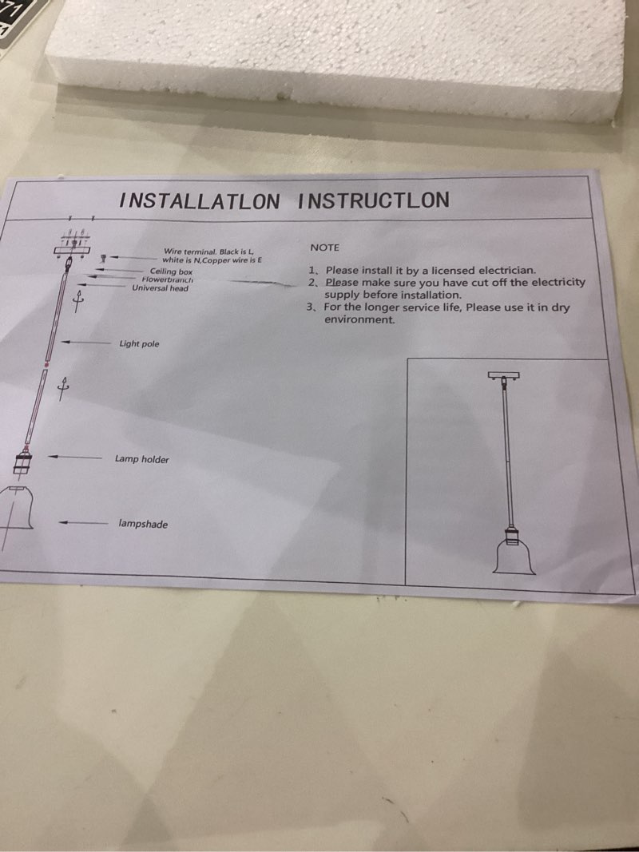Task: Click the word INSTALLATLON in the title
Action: (x=200, y=201)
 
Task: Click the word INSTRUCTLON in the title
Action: (x=373, y=200)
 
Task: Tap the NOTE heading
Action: (x=325, y=248)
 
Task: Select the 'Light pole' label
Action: (x=139, y=344)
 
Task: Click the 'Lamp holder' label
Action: (x=142, y=459)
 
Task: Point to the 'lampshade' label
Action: (x=143, y=525)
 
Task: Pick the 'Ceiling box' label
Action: (x=171, y=271)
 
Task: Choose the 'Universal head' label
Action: (x=161, y=288)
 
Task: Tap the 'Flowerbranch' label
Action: (x=168, y=279)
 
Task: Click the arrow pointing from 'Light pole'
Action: (x=85, y=343)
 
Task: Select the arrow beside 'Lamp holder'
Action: (x=75, y=457)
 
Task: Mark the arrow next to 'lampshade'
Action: (x=84, y=523)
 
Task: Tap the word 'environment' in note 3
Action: (x=359, y=319)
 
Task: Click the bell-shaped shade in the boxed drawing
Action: (x=514, y=558)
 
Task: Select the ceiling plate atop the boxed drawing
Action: (x=504, y=375)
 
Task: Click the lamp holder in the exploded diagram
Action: (x=23, y=463)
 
